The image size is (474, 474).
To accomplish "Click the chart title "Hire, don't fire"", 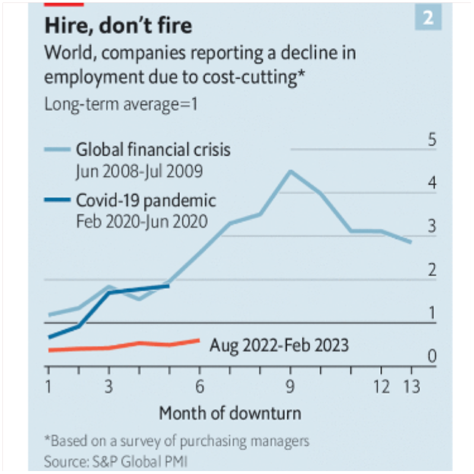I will (x=118, y=27).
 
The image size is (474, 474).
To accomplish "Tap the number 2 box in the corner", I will (x=428, y=19).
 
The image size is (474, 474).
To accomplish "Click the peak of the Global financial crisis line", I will (x=290, y=171).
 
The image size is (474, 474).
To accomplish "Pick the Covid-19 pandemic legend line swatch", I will (x=58, y=200).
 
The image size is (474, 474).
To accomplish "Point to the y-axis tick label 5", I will (x=432, y=141).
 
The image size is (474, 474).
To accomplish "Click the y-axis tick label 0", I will (x=432, y=357).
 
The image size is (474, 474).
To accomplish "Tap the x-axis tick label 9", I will (x=290, y=387).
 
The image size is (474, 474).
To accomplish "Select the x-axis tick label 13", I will (x=411, y=387).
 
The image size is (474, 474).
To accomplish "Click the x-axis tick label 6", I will (x=199, y=387).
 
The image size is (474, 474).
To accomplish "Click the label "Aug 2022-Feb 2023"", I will (x=279, y=345).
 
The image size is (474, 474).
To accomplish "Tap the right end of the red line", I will (x=199, y=340).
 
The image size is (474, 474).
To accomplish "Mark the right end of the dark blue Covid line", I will (x=169, y=286).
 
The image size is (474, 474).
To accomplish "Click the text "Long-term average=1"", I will (x=112, y=104).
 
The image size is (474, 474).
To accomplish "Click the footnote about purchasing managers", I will (x=177, y=441).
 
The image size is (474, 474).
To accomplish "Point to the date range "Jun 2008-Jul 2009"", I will (x=139, y=171).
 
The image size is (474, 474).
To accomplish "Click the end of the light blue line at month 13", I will (x=411, y=242).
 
